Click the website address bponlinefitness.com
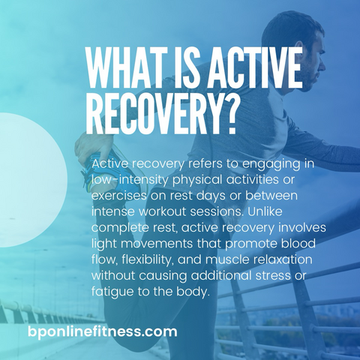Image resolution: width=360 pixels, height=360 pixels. coord(103,332)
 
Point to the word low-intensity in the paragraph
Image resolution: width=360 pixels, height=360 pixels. coord(130,180)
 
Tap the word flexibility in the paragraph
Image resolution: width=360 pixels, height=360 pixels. coord(148,259)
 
